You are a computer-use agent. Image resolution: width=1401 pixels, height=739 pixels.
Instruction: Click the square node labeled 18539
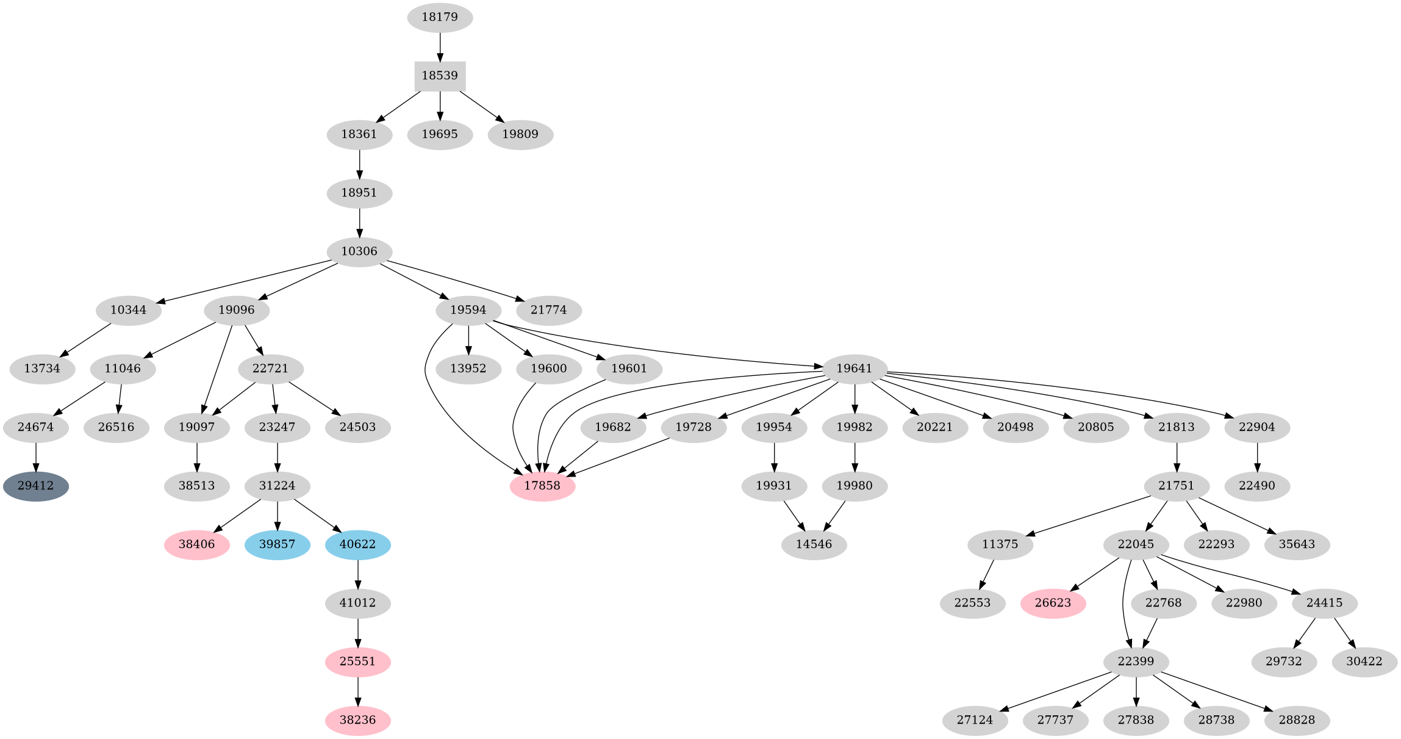440,76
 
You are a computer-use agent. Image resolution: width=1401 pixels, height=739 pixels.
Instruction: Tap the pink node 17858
542,486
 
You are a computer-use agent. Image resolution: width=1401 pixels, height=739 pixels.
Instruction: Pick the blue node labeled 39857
278,544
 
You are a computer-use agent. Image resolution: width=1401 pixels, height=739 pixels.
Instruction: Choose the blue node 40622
357,544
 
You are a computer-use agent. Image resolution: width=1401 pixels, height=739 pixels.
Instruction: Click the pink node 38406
196,544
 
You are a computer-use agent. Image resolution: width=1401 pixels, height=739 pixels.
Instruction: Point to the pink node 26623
1053,603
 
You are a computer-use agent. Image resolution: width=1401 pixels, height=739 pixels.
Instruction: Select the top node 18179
440,17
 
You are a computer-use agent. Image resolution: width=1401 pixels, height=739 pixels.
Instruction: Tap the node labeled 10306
359,251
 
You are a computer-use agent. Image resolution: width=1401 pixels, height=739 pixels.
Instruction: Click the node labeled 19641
854,369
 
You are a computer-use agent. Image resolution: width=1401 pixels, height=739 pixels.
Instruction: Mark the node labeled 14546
814,544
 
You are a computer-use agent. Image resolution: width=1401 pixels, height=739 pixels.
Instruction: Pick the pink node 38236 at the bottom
357,720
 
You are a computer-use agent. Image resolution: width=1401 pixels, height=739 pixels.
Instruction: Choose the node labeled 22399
1136,661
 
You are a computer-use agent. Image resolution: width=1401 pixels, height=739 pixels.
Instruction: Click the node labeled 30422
1364,661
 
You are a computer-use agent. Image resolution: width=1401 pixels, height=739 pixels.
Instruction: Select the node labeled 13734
42,369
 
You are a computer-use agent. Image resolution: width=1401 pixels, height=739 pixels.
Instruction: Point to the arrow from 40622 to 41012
357,574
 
